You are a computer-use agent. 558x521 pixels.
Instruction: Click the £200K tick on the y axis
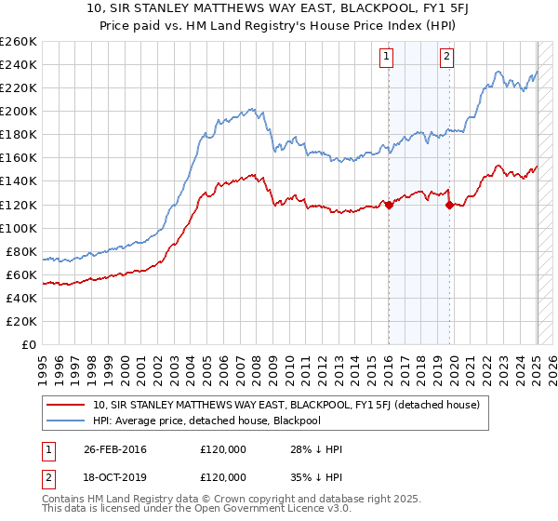(x=19, y=111)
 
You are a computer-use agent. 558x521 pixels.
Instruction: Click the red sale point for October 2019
(x=449, y=205)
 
